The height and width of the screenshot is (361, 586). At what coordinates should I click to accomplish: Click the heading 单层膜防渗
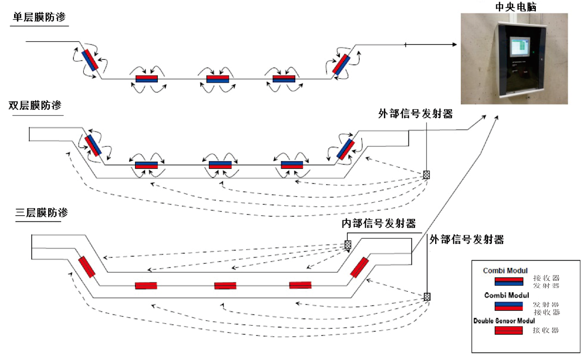39,17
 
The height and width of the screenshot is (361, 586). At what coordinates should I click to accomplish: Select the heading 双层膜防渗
35,105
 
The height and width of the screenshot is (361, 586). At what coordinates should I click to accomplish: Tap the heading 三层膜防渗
42,212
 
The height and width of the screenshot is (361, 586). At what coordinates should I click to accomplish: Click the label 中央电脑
515,7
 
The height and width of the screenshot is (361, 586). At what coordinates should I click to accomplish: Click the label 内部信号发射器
379,223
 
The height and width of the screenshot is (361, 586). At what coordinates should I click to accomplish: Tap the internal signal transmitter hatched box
348,245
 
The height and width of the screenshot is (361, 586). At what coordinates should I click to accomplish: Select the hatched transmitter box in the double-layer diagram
427,175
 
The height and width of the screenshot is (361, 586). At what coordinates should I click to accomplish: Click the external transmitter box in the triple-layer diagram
427,297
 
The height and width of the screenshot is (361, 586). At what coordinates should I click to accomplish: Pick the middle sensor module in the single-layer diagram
218,79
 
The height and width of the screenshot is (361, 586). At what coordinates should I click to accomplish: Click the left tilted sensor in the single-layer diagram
90,60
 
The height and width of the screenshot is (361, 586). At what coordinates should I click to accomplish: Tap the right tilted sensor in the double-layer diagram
346,149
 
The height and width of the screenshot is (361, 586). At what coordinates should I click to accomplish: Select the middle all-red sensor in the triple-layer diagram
225,286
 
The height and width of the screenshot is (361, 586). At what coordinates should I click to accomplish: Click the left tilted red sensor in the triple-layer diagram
87,267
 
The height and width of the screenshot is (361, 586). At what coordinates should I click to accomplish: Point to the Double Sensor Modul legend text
504,321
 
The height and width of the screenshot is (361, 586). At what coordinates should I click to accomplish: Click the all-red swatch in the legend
509,330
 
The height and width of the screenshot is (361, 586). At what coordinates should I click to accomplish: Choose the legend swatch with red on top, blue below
509,281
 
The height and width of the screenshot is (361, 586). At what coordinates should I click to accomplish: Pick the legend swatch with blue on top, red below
509,306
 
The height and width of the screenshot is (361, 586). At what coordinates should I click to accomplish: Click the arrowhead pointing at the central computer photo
455,45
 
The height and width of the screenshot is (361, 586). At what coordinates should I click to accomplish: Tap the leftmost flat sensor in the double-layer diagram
146,165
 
